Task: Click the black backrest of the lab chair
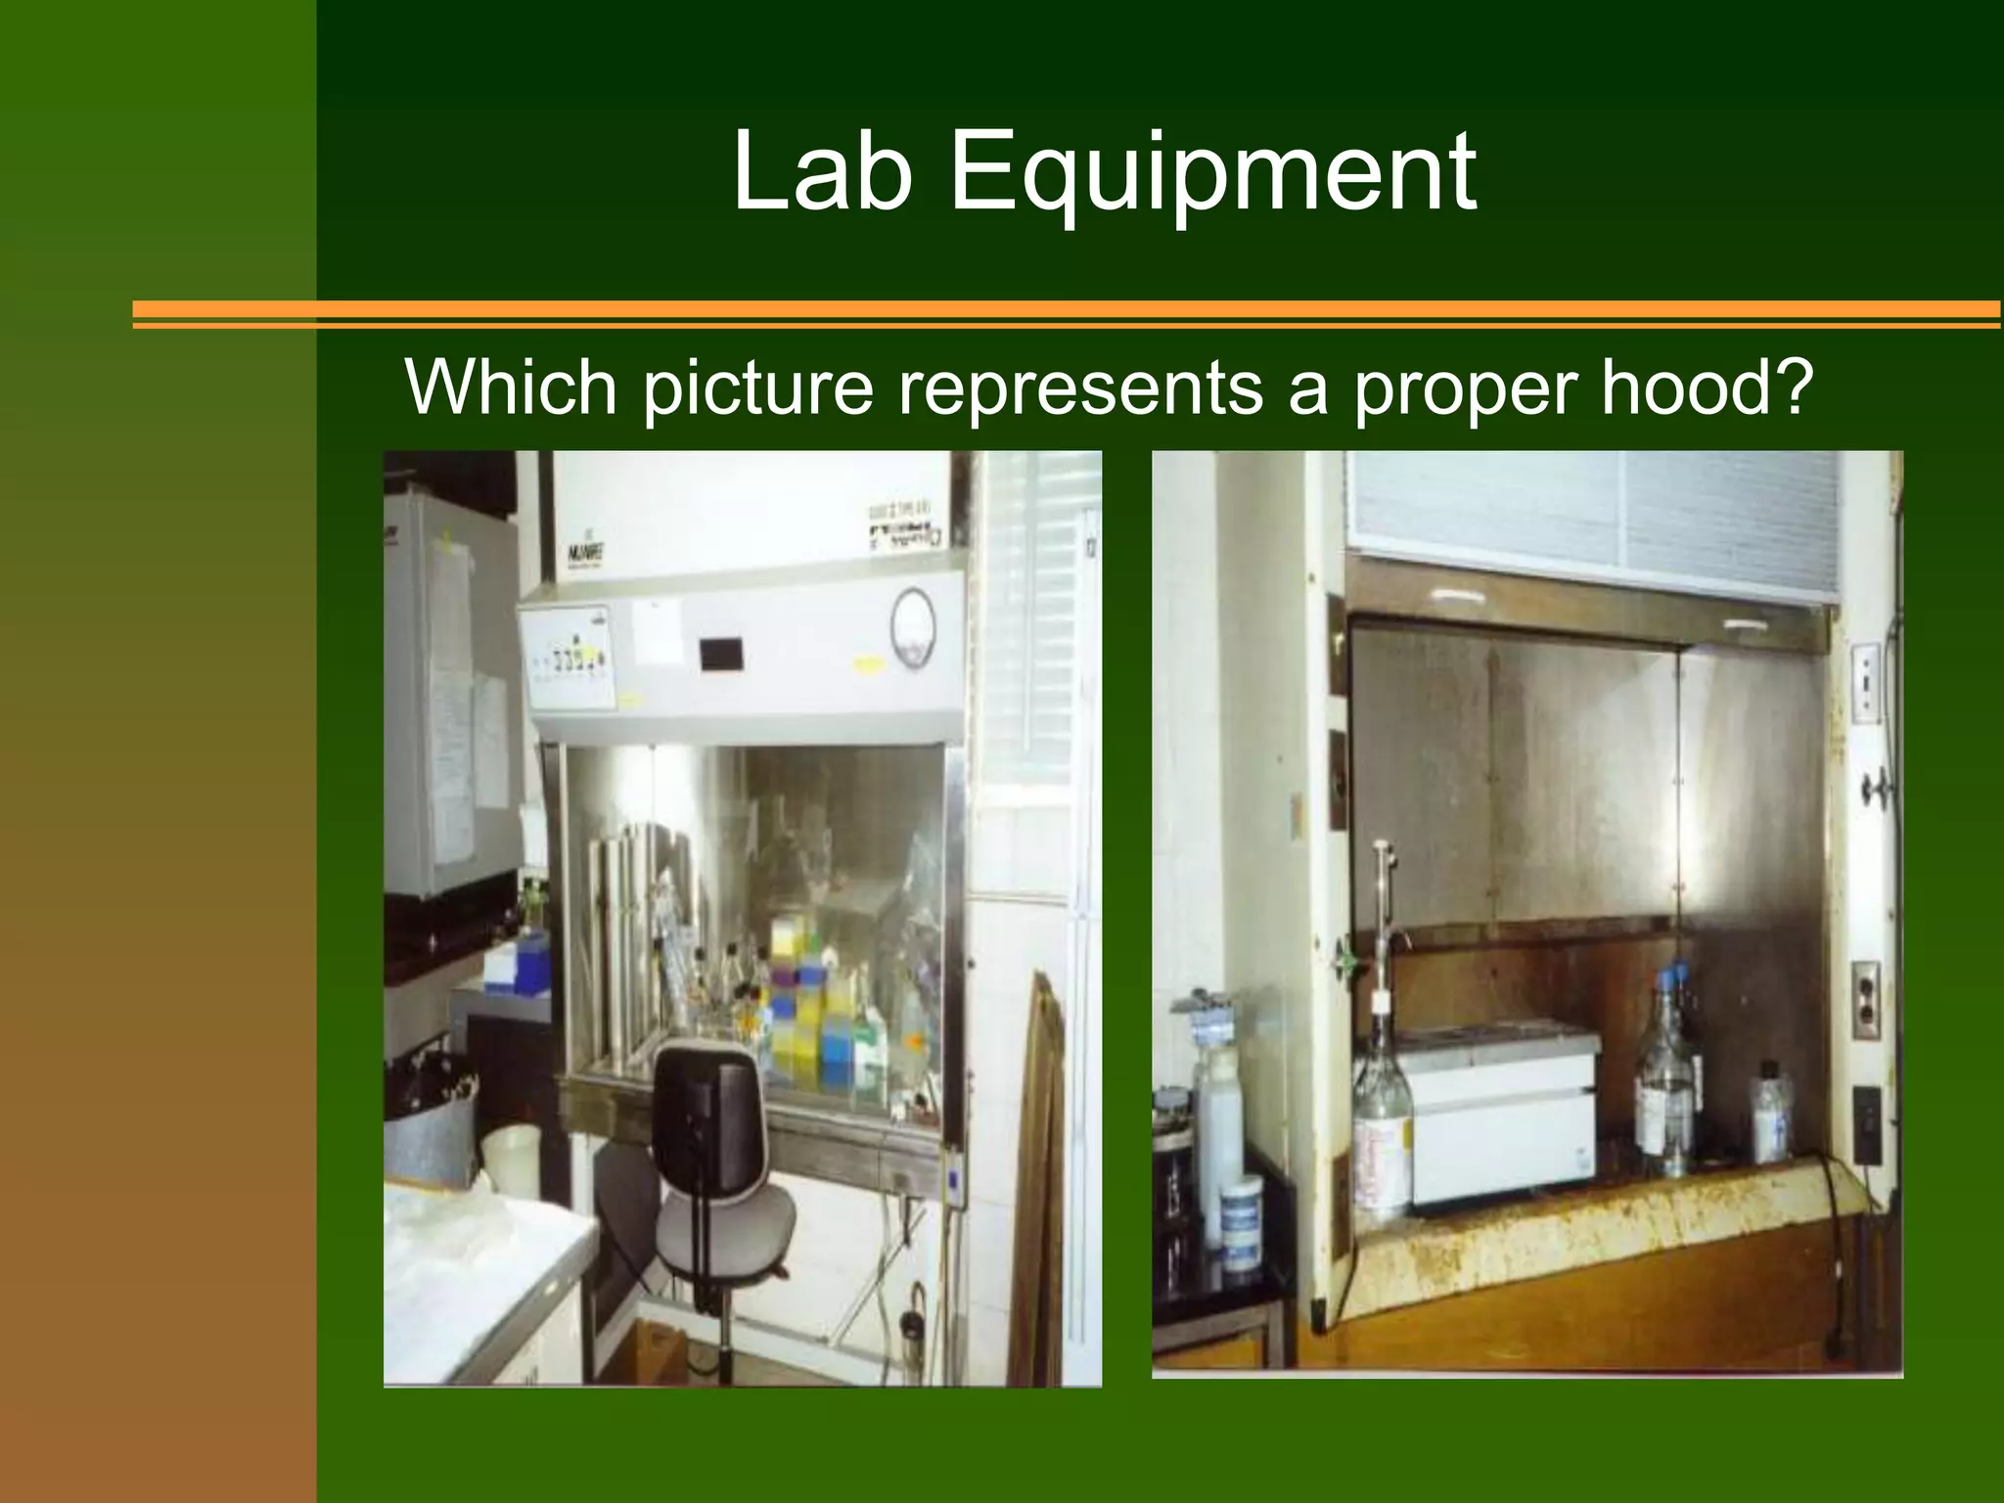coord(706,1096)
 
